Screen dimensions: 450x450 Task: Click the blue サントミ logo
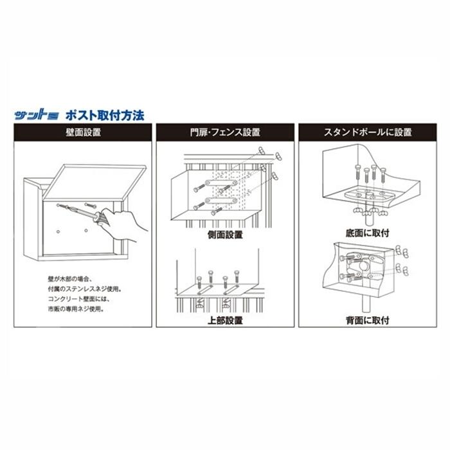pyautogui.click(x=37, y=114)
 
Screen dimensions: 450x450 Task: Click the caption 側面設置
pyautogui.click(x=225, y=234)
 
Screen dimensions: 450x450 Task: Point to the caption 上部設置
pyautogui.click(x=225, y=319)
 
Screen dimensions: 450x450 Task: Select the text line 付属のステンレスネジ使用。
pyautogui.click(x=85, y=289)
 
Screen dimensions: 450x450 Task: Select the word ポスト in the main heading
pyautogui.click(x=79, y=114)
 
